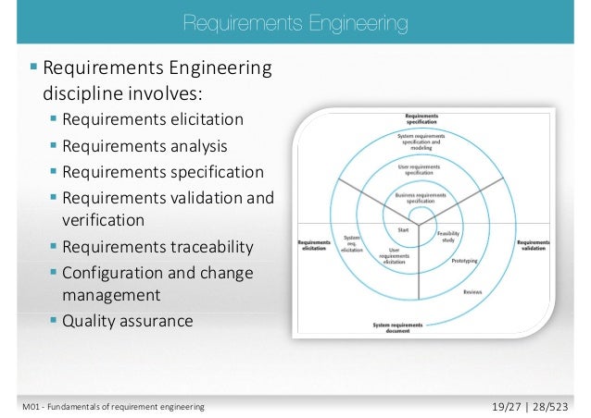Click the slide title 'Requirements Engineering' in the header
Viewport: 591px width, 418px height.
click(295, 20)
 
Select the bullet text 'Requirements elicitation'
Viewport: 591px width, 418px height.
click(154, 119)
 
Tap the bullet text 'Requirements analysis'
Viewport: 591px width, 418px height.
click(146, 145)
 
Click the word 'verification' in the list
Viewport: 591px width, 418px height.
click(103, 221)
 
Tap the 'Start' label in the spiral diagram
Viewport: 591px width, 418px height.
click(403, 230)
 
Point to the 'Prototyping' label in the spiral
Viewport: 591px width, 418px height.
click(464, 262)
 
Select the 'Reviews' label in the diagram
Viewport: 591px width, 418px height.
click(472, 292)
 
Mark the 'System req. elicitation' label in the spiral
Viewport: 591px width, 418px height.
click(352, 243)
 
